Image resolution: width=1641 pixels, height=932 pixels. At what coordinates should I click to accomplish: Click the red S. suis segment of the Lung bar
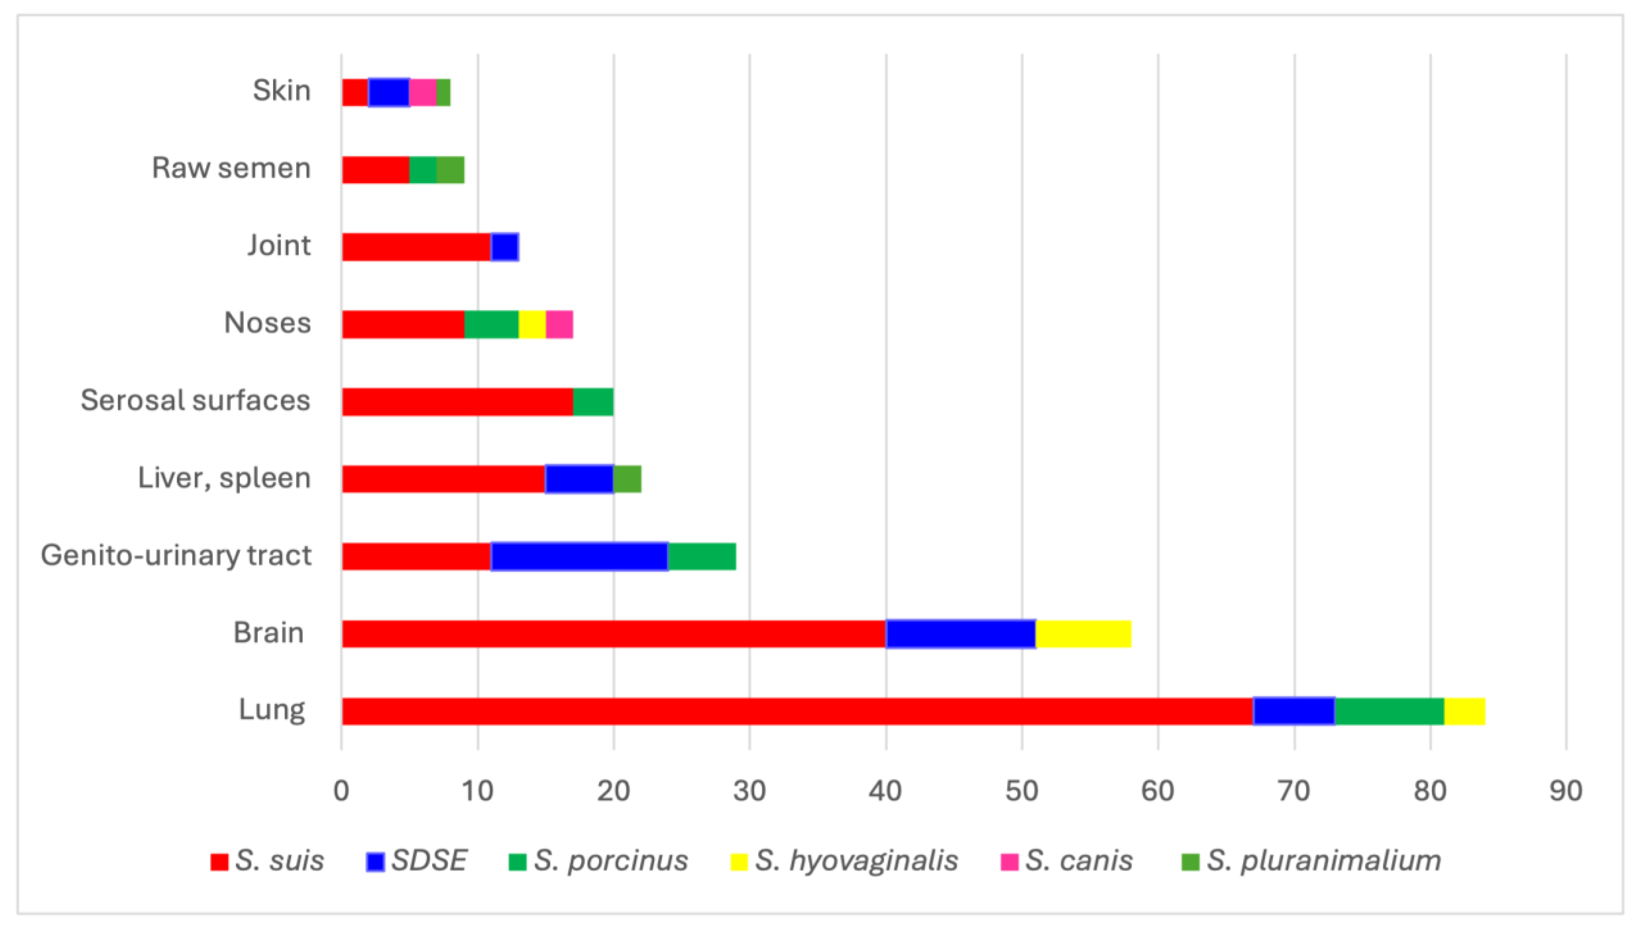pos(797,711)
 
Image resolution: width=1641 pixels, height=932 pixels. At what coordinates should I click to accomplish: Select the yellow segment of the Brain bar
pos(1083,634)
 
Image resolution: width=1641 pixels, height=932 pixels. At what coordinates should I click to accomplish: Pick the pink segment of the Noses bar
pos(559,324)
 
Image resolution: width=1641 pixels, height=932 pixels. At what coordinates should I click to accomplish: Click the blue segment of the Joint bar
pos(505,247)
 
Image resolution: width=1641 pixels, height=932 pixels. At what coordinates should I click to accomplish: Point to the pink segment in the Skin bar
pos(422,92)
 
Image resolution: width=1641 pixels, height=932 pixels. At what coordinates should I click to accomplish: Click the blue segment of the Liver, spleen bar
pos(579,479)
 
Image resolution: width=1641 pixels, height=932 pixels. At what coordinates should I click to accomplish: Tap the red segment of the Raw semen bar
pos(375,170)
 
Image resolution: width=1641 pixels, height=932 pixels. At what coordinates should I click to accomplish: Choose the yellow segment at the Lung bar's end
pos(1464,711)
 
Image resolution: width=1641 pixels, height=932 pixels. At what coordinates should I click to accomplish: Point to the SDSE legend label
pos(429,861)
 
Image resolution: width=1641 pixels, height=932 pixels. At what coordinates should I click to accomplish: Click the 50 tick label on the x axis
pos(1022,791)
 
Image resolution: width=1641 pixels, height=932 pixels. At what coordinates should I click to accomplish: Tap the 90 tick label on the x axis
pos(1566,791)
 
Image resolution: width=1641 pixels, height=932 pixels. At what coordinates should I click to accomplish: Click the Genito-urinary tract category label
pos(176,556)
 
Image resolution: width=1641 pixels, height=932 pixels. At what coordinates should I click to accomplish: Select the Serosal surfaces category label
pos(195,401)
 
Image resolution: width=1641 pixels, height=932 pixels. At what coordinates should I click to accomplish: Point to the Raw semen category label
pos(231,168)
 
